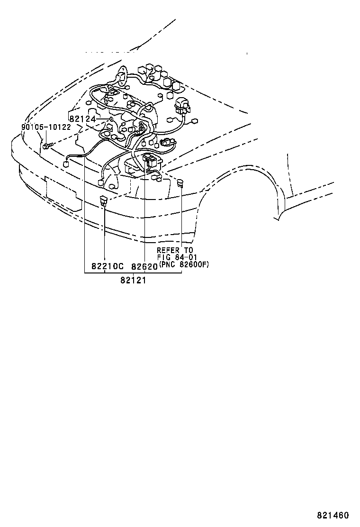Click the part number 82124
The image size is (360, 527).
click(83, 118)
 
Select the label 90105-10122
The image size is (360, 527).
click(45, 127)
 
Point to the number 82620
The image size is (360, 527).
click(144, 266)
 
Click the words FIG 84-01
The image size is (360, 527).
click(175, 257)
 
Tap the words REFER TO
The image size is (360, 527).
click(175, 250)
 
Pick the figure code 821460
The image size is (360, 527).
click(333, 515)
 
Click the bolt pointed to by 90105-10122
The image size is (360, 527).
click(45, 145)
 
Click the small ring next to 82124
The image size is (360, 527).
click(110, 119)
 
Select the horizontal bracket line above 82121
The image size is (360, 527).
click(133, 273)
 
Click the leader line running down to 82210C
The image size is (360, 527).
click(104, 232)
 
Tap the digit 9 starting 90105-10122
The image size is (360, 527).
click(23, 127)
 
